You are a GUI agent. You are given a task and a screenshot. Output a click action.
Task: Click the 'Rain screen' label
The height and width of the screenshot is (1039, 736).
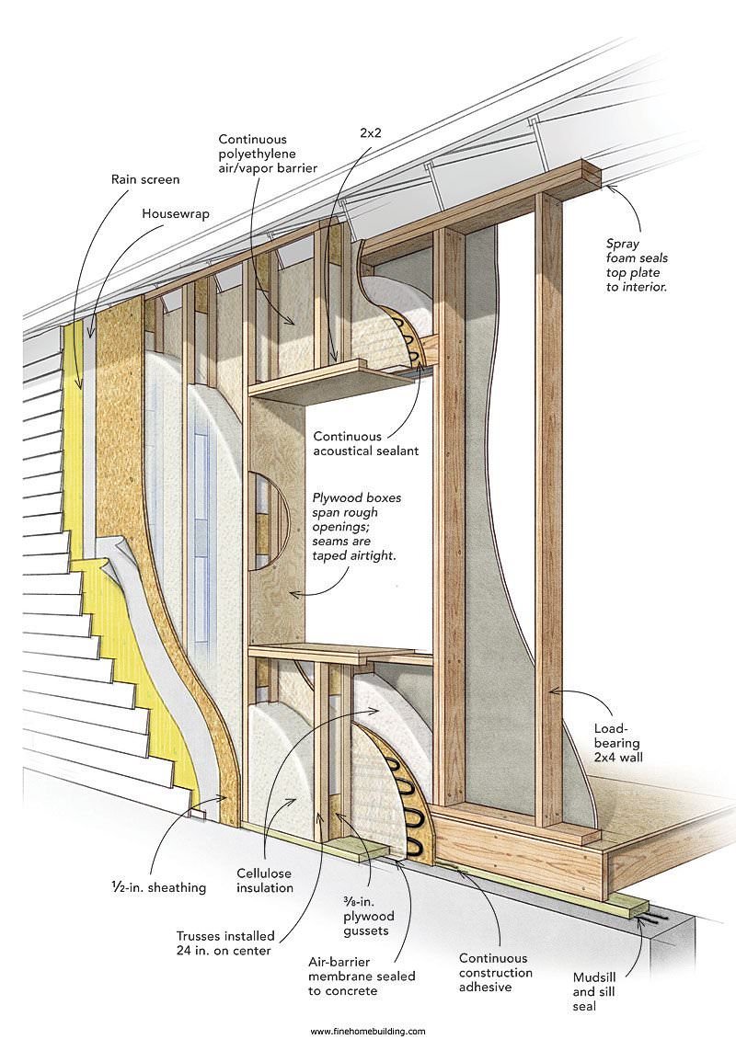click(145, 179)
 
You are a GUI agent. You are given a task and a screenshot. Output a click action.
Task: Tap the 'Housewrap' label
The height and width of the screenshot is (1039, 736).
click(176, 213)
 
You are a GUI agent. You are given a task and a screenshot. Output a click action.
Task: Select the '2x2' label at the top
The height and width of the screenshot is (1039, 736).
click(371, 132)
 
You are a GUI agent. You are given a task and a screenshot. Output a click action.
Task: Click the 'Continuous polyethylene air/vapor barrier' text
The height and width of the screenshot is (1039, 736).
click(268, 154)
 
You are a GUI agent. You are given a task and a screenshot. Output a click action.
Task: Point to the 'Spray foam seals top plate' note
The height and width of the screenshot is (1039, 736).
click(637, 265)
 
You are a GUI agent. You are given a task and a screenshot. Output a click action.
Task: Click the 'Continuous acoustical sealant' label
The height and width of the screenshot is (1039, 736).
click(366, 443)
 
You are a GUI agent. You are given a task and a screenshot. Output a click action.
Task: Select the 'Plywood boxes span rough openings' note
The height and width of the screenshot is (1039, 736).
click(357, 527)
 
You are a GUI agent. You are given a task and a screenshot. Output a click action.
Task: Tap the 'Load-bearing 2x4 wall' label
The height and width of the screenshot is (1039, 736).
click(618, 743)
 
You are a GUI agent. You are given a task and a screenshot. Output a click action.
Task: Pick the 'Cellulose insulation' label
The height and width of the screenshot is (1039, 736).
click(265, 881)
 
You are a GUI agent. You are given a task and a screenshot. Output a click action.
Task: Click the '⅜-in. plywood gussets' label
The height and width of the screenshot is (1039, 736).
click(369, 917)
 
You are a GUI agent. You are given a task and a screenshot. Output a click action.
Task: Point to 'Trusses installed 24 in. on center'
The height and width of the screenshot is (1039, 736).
click(225, 943)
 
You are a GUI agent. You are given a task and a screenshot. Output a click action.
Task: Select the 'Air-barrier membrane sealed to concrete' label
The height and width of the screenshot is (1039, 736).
click(362, 976)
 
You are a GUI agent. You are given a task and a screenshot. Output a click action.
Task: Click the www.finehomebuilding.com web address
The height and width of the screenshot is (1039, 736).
click(368, 1031)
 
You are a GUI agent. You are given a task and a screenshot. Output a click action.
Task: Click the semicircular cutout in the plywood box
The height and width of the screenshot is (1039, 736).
click(269, 520)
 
